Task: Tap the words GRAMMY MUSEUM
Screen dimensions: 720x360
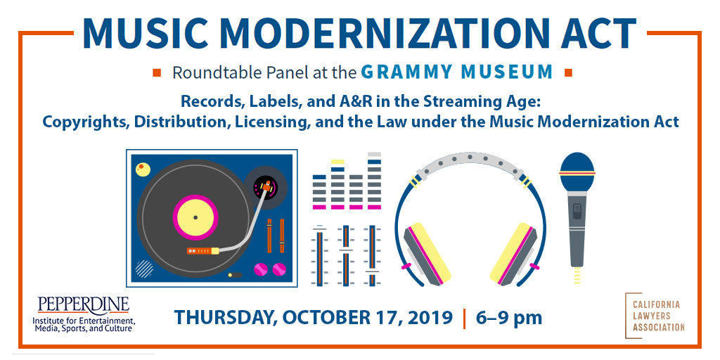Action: click(x=457, y=72)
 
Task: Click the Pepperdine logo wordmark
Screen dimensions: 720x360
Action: click(x=83, y=305)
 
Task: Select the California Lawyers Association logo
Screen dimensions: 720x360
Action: click(x=655, y=316)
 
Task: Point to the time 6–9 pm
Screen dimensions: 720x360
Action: click(x=509, y=317)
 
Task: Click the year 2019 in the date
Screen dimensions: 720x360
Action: click(x=430, y=317)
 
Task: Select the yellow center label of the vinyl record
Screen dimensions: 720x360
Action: click(x=195, y=217)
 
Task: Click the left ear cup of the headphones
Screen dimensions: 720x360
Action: click(x=427, y=253)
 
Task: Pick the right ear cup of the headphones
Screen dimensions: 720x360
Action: click(x=513, y=253)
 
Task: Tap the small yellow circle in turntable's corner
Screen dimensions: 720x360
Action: click(x=143, y=169)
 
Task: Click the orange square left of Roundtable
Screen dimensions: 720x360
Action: click(x=157, y=72)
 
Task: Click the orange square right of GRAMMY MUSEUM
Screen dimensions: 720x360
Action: click(x=568, y=72)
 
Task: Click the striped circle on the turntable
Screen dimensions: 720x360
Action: click(x=144, y=269)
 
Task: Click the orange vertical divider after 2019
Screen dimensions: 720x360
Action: click(x=464, y=319)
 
